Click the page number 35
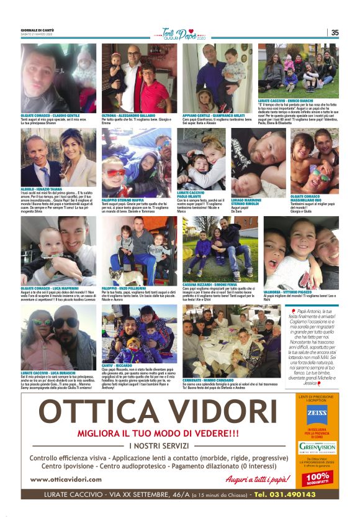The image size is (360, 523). pyautogui.click(x=335, y=32)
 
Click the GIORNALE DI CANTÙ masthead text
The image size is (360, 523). pyautogui.click(x=38, y=30)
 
